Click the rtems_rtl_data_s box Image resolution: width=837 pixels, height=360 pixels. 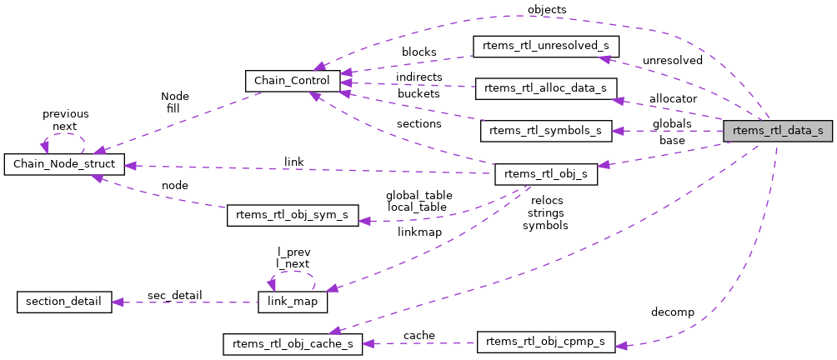pyautogui.click(x=777, y=130)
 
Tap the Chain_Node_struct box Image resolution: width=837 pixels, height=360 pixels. pyautogui.click(x=64, y=164)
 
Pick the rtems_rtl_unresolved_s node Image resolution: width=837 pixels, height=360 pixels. pyautogui.click(x=546, y=46)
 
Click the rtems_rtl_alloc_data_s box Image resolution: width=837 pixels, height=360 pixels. pyautogui.click(x=545, y=87)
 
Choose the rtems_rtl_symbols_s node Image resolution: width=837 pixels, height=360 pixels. pyautogui.click(x=546, y=131)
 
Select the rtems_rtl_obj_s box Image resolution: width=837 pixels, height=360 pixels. pyautogui.click(x=546, y=173)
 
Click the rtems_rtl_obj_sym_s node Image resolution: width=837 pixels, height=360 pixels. pyautogui.click(x=293, y=215)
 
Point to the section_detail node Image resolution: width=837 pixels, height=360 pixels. pyautogui.click(x=64, y=301)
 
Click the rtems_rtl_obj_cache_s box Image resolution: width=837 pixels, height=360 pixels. pyautogui.click(x=292, y=343)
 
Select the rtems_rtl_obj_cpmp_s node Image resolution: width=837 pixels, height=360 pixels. pyautogui.click(x=546, y=342)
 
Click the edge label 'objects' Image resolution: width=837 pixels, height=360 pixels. pyautogui.click(x=547, y=9)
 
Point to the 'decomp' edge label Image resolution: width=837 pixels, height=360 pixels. pyautogui.click(x=673, y=312)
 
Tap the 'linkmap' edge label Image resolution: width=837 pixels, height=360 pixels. pyautogui.click(x=419, y=232)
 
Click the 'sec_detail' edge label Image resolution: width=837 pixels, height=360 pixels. pyautogui.click(x=174, y=295)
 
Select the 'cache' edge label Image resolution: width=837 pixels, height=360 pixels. pyautogui.click(x=418, y=336)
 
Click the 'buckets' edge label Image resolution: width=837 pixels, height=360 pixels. pyautogui.click(x=418, y=94)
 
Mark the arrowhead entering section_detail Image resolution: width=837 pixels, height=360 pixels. pyautogui.click(x=118, y=301)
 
